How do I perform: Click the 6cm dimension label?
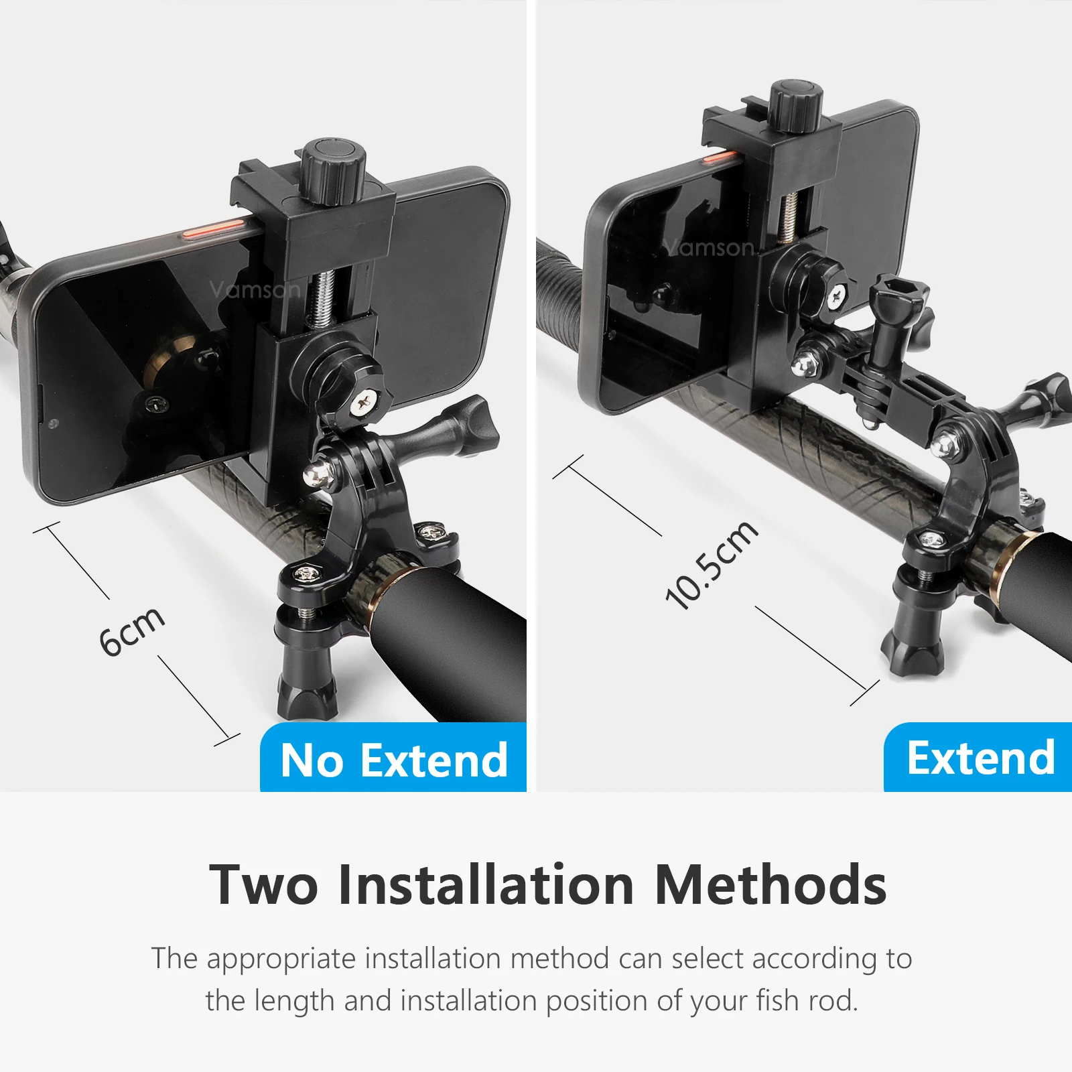(x=132, y=630)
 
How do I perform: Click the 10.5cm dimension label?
(x=712, y=565)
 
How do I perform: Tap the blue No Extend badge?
(x=393, y=758)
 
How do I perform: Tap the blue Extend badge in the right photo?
(x=979, y=758)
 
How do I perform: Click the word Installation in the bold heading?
(x=486, y=884)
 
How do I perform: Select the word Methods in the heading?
(x=770, y=884)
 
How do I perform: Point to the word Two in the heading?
(x=263, y=884)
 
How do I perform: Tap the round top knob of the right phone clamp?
(x=796, y=106)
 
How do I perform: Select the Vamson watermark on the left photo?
(x=255, y=289)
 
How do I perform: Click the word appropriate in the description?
(x=281, y=959)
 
